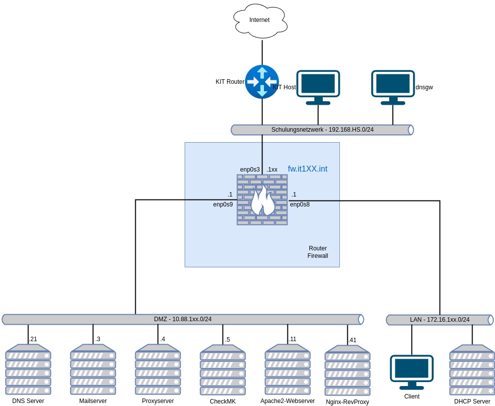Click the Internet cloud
coord(260,20)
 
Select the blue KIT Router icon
coord(262,82)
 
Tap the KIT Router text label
coord(230,82)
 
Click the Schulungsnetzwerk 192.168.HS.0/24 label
coord(322,130)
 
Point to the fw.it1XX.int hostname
coord(307,169)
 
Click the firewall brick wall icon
coord(262,200)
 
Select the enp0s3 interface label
coord(249,170)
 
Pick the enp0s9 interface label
coord(223,204)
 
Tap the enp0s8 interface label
coord(300,204)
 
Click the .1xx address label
coord(272,170)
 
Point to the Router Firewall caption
coord(318,252)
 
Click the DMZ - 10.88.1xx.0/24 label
coord(183,319)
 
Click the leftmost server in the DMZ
coord(28,369)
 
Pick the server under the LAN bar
coord(472,370)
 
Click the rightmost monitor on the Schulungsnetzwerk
coord(393,87)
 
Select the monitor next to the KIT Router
coord(318,87)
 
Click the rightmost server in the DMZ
coord(347,370)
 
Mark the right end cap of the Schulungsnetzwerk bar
coord(411,130)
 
